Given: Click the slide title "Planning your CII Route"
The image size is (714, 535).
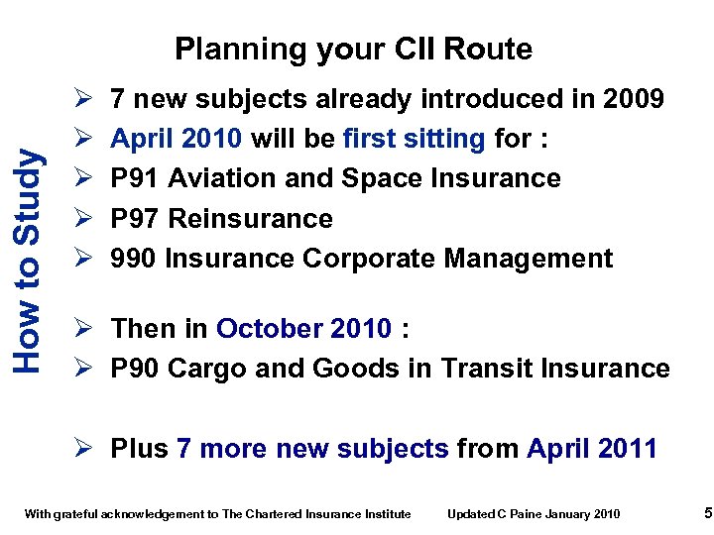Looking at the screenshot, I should (x=353, y=49).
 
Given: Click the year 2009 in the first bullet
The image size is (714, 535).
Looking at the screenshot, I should (x=629, y=99).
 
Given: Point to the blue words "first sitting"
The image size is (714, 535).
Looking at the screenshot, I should (x=414, y=139).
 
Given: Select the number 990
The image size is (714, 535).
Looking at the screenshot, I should (x=134, y=259).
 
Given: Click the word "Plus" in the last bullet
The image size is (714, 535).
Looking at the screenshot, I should (x=139, y=449).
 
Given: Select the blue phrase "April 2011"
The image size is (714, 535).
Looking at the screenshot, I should (x=592, y=449).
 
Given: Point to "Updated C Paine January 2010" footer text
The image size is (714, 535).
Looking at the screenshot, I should (x=534, y=513).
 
